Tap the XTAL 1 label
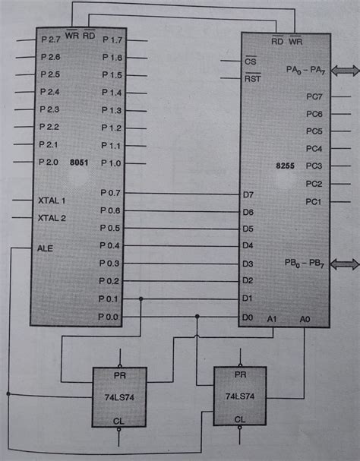click(x=52, y=201)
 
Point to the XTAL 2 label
click(x=52, y=218)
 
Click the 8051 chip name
click(x=79, y=162)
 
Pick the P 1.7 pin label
click(x=112, y=40)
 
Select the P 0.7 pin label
click(x=109, y=194)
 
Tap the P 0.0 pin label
click(x=109, y=317)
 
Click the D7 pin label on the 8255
click(x=248, y=195)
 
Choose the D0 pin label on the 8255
click(x=248, y=317)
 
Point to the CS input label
click(x=251, y=62)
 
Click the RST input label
click(x=252, y=77)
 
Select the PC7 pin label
click(x=314, y=97)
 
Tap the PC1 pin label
click(x=314, y=201)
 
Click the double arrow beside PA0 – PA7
click(x=344, y=70)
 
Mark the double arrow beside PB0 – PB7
click(x=344, y=263)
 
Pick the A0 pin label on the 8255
click(x=305, y=319)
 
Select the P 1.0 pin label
click(x=112, y=163)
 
